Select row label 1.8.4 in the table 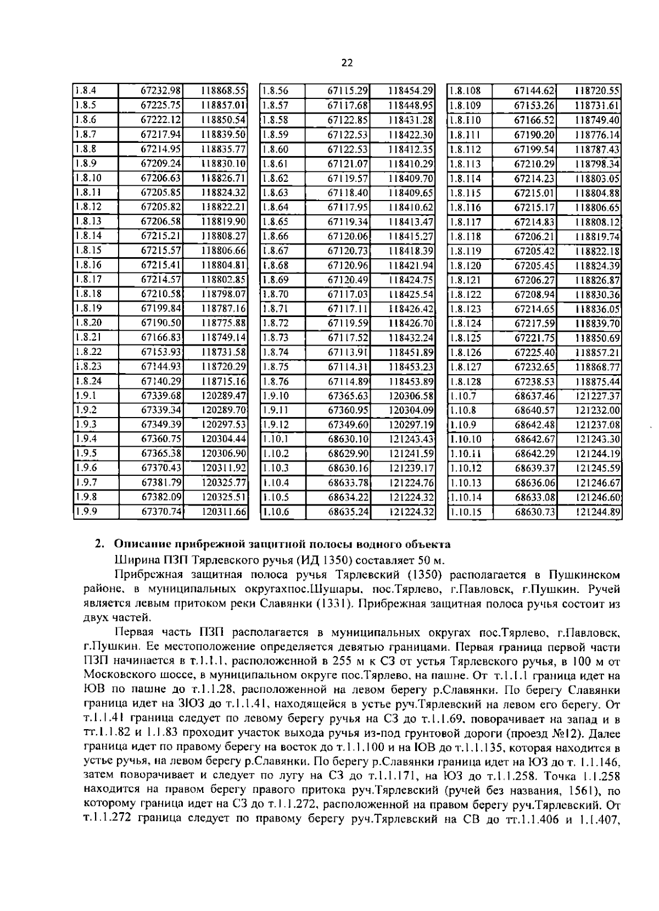[85, 91]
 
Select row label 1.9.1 [85, 396]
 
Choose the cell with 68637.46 [534, 396]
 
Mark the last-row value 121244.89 [598, 512]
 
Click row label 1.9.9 [85, 512]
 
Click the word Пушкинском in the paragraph [584, 575]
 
